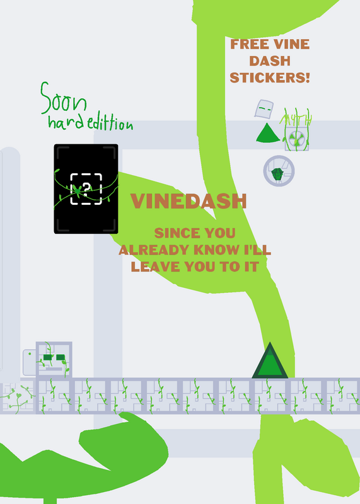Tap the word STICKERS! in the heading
(x=270, y=77)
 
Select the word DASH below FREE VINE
(x=270, y=61)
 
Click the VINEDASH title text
(x=189, y=201)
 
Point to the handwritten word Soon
(x=64, y=99)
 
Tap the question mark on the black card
(x=86, y=190)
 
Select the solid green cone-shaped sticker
(x=268, y=132)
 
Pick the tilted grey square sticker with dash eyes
(x=264, y=109)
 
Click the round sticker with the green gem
(x=279, y=171)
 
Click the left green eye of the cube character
(x=48, y=357)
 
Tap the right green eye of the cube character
(x=61, y=357)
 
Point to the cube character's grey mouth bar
(x=54, y=369)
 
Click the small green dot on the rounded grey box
(x=30, y=354)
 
